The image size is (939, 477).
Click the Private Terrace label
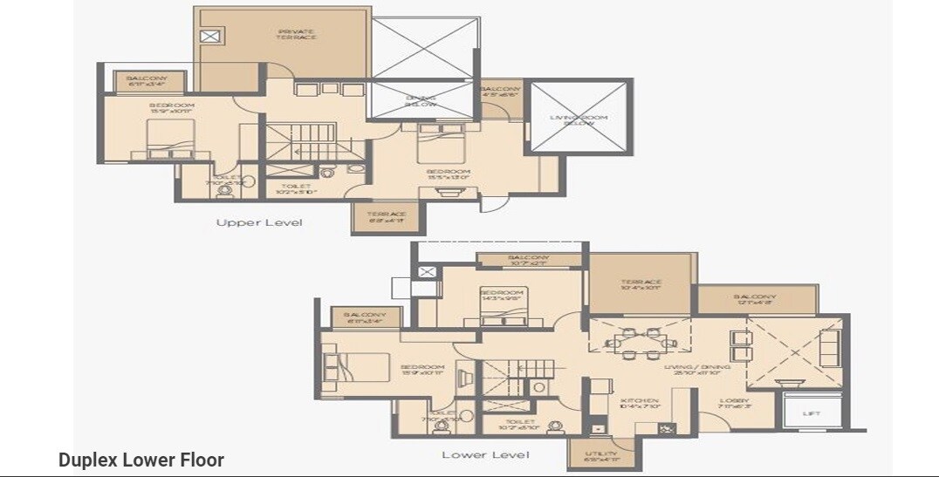296,35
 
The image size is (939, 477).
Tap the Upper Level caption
259,223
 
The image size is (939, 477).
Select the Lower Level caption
485,455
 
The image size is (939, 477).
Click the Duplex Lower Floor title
141,460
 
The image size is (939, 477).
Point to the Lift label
811,414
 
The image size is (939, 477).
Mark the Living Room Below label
579,119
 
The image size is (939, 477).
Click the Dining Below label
422,101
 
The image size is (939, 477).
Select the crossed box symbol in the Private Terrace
210,36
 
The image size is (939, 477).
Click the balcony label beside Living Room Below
501,92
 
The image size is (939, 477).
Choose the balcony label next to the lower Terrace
755,299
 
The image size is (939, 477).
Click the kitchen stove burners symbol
668,427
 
